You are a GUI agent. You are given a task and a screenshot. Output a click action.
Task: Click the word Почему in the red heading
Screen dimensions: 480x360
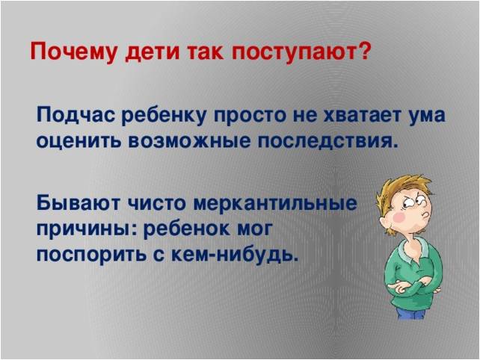tap(73, 52)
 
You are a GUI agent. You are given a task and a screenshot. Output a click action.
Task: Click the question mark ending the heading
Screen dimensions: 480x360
tap(363, 50)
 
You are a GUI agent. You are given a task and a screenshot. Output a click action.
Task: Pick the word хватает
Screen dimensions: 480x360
tap(362, 116)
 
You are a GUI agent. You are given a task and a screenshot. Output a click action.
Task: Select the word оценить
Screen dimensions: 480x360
tap(79, 141)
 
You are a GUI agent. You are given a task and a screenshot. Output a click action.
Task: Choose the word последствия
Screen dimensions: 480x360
tap(328, 142)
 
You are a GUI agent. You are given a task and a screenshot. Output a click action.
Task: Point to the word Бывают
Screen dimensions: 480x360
tap(78, 203)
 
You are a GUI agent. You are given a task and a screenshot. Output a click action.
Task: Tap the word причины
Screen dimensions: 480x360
tap(87, 229)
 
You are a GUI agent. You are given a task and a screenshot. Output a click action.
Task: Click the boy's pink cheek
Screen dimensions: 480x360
tap(399, 217)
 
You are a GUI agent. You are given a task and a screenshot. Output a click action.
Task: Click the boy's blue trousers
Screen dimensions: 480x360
tap(410, 313)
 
